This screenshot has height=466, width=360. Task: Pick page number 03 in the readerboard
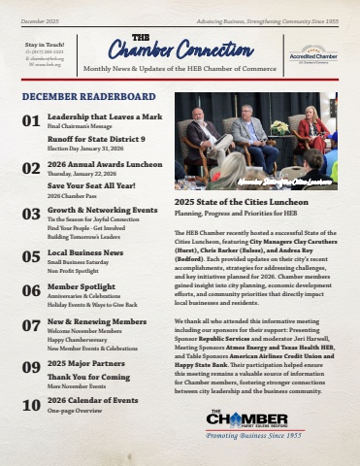pos(31,213)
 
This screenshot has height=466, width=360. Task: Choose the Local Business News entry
pos(89,252)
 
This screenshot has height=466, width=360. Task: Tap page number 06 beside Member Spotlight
pos(31,290)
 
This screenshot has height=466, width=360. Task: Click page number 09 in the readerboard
pos(31,368)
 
